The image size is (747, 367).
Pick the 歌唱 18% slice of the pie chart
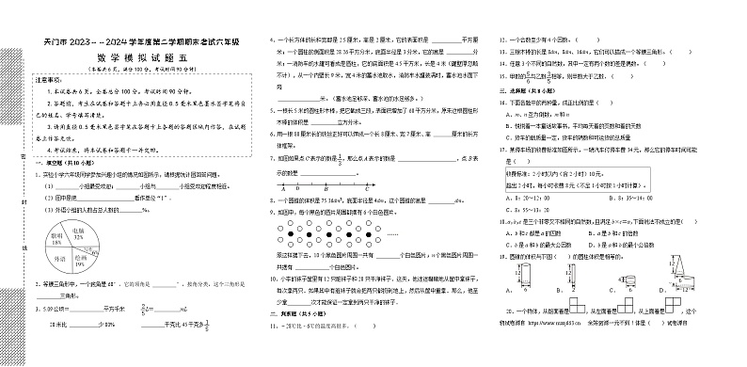pyautogui.click(x=56, y=241)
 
